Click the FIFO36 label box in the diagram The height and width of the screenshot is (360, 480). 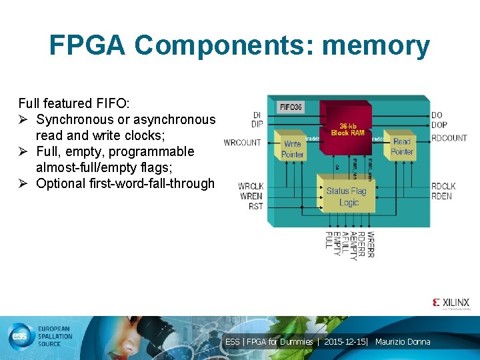(x=291, y=107)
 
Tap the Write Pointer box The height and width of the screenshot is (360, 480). (x=292, y=149)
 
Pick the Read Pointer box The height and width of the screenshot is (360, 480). (x=402, y=146)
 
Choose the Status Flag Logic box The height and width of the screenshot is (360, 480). (x=346, y=196)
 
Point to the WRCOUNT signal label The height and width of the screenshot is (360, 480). (x=242, y=142)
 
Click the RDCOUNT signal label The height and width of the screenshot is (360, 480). (x=449, y=138)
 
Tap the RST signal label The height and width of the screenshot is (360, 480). (x=255, y=206)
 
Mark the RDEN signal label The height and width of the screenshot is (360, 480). (x=441, y=196)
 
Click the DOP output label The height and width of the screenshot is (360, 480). (x=439, y=125)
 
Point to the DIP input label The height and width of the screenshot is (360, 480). (x=257, y=124)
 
